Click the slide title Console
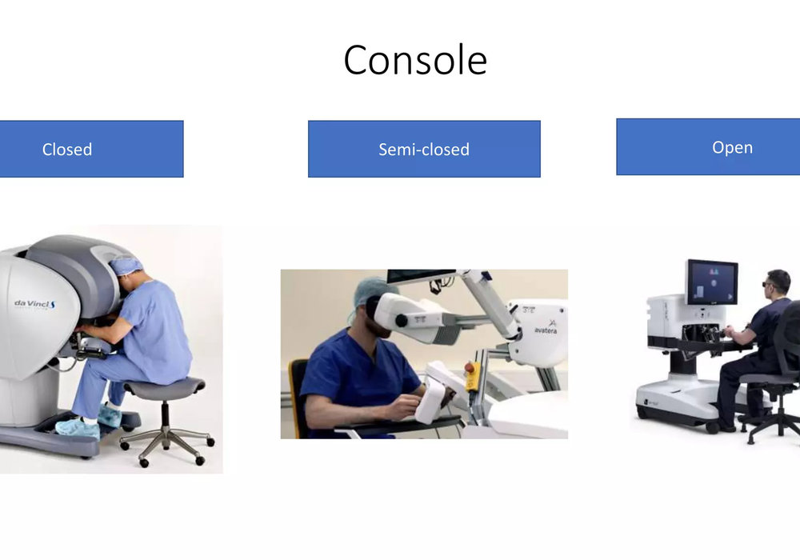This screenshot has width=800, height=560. [x=415, y=60]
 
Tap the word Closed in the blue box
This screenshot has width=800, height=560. [x=67, y=150]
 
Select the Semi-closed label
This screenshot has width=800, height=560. [x=424, y=150]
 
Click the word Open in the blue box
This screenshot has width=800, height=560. [x=732, y=147]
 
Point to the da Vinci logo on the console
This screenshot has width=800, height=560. [x=34, y=305]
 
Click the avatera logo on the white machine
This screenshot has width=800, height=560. [x=546, y=328]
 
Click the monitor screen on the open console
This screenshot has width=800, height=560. [x=712, y=282]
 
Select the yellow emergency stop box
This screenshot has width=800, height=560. [x=472, y=375]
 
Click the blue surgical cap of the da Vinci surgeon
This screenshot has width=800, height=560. [x=125, y=266]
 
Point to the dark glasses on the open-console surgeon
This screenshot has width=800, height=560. [x=767, y=284]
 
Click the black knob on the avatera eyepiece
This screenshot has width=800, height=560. [x=402, y=321]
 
